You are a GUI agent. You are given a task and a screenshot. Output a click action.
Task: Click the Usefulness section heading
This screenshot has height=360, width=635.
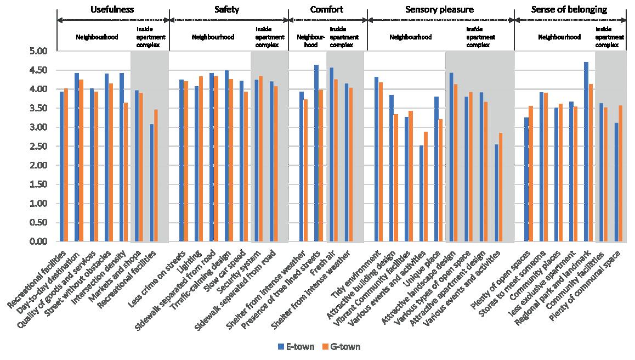[x=112, y=9]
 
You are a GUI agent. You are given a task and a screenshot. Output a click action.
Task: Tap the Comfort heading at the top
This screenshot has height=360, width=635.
[x=327, y=9]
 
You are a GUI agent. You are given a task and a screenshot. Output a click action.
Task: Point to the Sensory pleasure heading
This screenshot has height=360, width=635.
[x=440, y=9]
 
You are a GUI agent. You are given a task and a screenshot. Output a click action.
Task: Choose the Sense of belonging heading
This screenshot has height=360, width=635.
[x=569, y=9]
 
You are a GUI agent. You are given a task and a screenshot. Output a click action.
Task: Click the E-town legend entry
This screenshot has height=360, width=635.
[x=296, y=347]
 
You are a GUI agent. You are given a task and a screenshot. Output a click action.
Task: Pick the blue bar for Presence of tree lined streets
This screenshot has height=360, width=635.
[x=316, y=153]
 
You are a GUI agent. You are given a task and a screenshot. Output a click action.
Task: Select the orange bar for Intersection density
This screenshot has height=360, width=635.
[x=126, y=172]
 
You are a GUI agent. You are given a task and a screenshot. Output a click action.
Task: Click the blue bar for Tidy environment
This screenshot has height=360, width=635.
[x=377, y=159]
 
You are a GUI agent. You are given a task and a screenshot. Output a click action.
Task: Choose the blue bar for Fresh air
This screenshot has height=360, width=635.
[x=331, y=155]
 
